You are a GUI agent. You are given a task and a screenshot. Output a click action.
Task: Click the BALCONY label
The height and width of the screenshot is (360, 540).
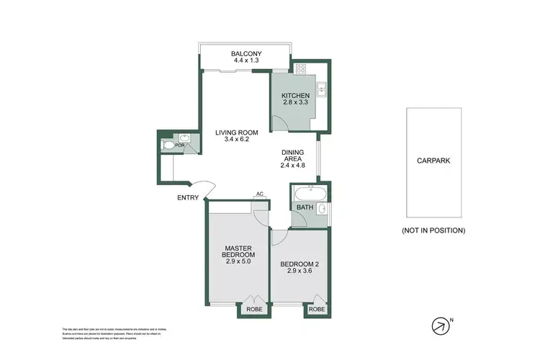(246, 54)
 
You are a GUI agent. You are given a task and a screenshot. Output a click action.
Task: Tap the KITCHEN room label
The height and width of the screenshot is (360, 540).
(295, 96)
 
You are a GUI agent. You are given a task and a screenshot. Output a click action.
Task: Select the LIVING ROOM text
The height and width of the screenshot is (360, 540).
(237, 131)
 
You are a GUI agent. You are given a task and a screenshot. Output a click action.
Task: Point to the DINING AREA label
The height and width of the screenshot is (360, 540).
(292, 153)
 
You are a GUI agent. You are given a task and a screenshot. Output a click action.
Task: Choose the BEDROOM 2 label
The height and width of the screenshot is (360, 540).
(299, 264)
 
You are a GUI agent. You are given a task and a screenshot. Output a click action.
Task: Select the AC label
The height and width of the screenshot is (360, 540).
(258, 194)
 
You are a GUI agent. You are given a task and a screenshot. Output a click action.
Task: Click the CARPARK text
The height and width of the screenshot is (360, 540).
(433, 161)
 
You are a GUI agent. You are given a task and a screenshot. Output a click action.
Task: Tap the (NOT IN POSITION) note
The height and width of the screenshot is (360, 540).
(433, 230)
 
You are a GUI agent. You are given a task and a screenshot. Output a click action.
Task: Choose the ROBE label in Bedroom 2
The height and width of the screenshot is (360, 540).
(316, 310)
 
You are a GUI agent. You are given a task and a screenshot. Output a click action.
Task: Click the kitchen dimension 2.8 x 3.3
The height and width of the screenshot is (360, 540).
(295, 104)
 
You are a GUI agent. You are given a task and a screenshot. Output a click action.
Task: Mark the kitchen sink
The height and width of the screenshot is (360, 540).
(323, 90)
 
